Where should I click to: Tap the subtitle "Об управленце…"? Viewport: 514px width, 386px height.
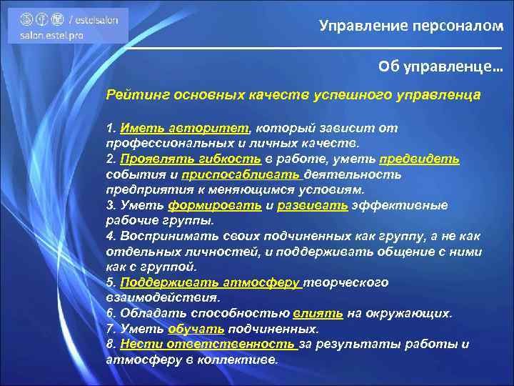[x=440, y=66]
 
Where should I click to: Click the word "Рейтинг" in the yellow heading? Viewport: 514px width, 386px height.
[x=132, y=94]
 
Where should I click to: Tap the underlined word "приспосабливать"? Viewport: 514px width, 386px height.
[x=242, y=174]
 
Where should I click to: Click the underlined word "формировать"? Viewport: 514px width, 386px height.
[x=212, y=205]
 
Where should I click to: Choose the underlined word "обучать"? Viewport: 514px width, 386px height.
[x=196, y=329]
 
